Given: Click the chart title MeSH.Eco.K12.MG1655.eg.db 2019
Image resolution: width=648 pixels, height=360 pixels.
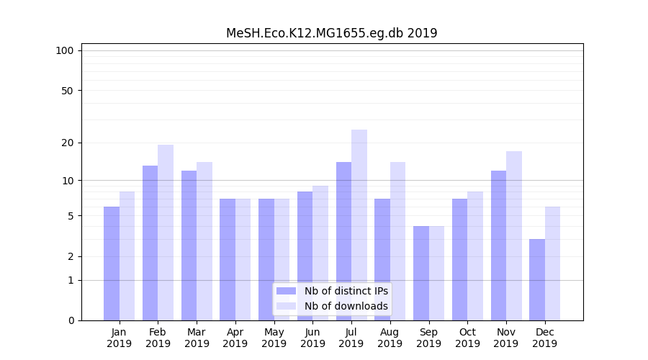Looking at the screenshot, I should (x=331, y=33).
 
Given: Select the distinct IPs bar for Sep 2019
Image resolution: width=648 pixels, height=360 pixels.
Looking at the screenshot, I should (x=421, y=273).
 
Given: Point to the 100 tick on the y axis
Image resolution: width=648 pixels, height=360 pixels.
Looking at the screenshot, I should (x=65, y=50).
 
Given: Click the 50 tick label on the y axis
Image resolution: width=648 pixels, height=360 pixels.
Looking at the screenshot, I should (x=67, y=91).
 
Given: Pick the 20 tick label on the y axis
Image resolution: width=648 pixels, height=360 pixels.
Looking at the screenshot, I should (x=67, y=143).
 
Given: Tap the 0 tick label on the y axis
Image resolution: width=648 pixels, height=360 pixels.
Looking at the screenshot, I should (x=70, y=320).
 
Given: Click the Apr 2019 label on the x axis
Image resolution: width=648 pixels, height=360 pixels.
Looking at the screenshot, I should (x=235, y=338).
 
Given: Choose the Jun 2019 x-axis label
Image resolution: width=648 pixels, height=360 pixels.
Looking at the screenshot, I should (x=312, y=338).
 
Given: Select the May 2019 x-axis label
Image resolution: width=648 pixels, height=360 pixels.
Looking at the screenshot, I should (x=274, y=338).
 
